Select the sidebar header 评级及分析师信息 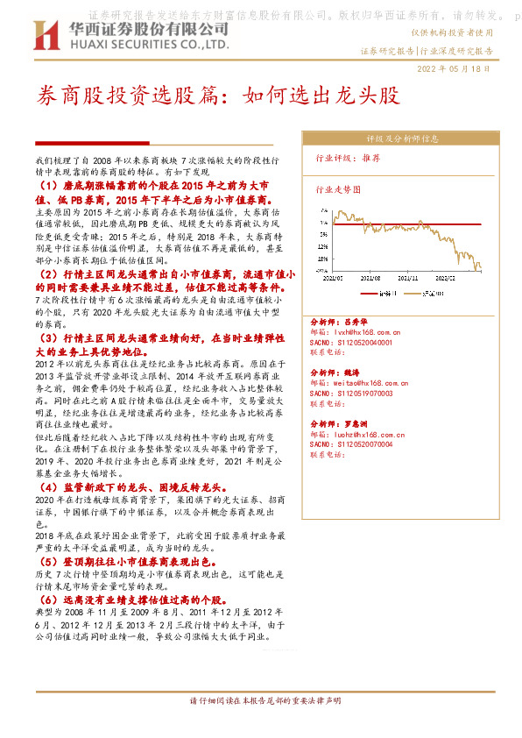click(x=396, y=138)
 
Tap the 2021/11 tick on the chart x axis click(x=406, y=275)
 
